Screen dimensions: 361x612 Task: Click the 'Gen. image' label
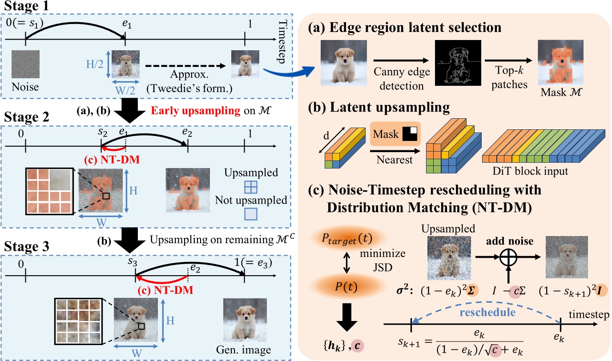pyautogui.click(x=245, y=347)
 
